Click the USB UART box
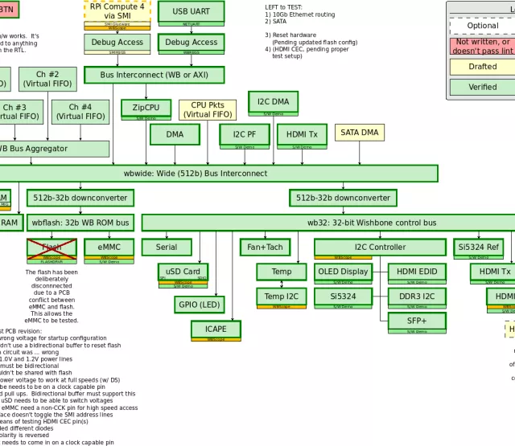[191, 12]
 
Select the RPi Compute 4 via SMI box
[117, 11]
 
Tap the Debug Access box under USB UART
[191, 43]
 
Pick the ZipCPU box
[146, 108]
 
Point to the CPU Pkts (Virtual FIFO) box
[207, 110]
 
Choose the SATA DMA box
[359, 133]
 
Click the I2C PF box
[245, 134]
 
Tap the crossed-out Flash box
[51, 248]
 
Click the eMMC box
[109, 248]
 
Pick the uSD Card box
[183, 272]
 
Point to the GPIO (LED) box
[198, 305]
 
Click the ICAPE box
[216, 329]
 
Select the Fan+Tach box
[266, 248]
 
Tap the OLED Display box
[343, 272]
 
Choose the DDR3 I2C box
[416, 296]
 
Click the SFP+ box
[416, 320]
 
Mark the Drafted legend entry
[483, 67]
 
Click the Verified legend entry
[483, 87]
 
